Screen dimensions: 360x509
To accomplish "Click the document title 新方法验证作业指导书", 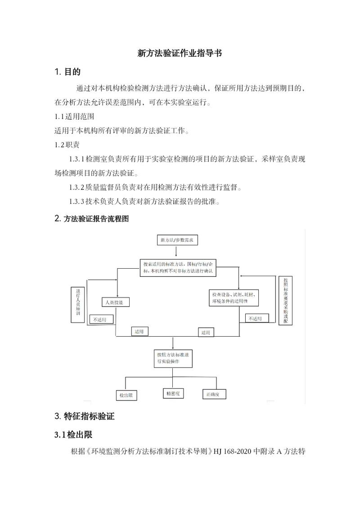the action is (180, 53).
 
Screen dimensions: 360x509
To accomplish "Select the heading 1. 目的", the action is (67, 72).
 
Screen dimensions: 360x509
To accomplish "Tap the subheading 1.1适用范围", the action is (74, 117).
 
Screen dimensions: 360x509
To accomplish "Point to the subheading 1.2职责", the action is (67, 145).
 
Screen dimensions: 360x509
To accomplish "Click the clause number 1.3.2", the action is (76, 187).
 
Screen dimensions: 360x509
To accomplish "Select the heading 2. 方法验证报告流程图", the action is (91, 218).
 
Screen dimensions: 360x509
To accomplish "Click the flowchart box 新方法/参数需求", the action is (177, 240).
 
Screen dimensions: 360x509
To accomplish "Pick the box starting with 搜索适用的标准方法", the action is (178, 268).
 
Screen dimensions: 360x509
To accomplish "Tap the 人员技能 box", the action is (116, 302).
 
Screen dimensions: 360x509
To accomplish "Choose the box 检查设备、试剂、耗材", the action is (234, 297).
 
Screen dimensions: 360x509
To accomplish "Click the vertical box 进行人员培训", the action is (78, 305).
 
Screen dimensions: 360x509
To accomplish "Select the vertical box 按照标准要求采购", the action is (285, 300).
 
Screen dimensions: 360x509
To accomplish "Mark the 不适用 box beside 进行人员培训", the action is (102, 320).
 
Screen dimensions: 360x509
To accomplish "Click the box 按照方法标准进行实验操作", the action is (173, 358).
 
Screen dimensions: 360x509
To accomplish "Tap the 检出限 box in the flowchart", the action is (126, 395).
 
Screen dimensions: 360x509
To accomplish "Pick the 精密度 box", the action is (173, 393).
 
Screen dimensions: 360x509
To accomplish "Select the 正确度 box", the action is (213, 394).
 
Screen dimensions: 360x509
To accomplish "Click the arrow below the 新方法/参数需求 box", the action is (176, 251).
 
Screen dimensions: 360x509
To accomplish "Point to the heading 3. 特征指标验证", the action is (85, 416).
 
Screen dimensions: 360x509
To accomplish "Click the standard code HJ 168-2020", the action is (233, 451).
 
